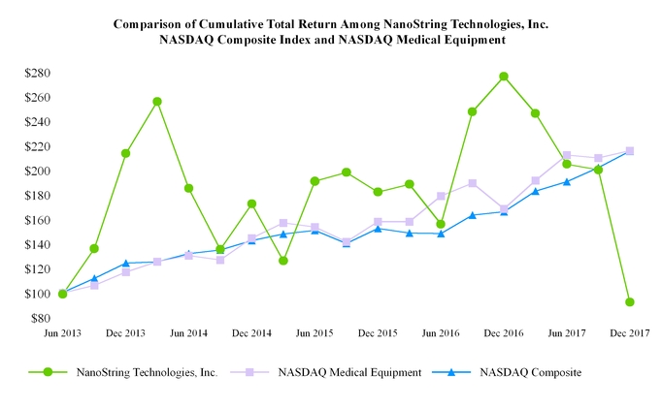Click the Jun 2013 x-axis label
(x=63, y=333)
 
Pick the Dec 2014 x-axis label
(x=251, y=333)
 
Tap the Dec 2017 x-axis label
(x=630, y=333)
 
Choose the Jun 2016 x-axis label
(x=441, y=333)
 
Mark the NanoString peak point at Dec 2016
(x=504, y=77)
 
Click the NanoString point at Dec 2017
(x=630, y=302)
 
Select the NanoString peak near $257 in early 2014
(x=157, y=102)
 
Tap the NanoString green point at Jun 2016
(x=441, y=224)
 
